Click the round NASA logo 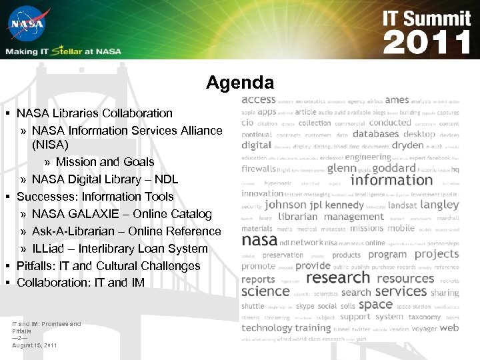tap(26, 25)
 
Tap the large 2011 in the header tap(427, 43)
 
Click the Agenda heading tap(240, 83)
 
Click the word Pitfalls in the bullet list tap(37, 266)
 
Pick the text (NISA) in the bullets tap(50, 144)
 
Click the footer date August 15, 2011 tap(35, 345)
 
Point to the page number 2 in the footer tap(20, 338)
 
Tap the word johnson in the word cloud tap(286, 205)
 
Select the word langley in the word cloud tap(440, 205)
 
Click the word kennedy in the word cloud tap(345, 205)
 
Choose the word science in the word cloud tap(265, 291)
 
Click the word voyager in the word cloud tap(424, 328)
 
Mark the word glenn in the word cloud tap(342, 169)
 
